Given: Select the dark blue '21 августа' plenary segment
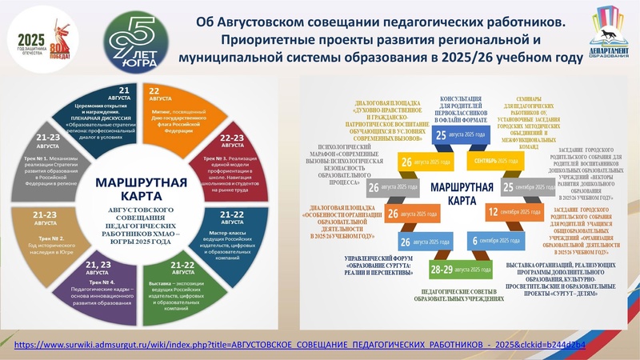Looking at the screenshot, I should tap(125, 112).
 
